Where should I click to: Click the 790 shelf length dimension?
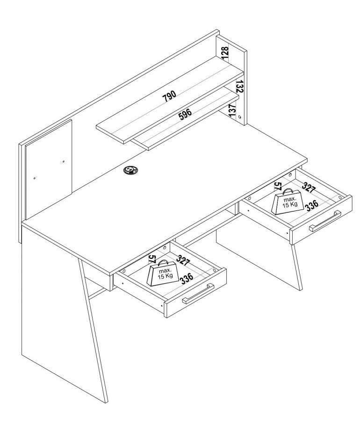pyautogui.click(x=169, y=96)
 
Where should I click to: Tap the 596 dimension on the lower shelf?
pyautogui.click(x=185, y=114)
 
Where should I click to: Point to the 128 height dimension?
pyautogui.click(x=225, y=52)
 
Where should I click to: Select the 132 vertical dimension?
pyautogui.click(x=240, y=87)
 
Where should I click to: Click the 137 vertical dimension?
pyautogui.click(x=232, y=110)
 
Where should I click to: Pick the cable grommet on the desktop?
pyautogui.click(x=130, y=170)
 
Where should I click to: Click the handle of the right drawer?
pyautogui.click(x=325, y=221)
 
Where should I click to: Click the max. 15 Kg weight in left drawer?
pyautogui.click(x=163, y=273)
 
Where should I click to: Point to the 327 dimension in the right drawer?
pyautogui.click(x=309, y=187)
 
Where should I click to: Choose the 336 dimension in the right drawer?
pyautogui.click(x=312, y=205)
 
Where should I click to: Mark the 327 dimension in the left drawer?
pyautogui.click(x=183, y=260)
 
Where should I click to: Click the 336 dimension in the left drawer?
pyautogui.click(x=187, y=278)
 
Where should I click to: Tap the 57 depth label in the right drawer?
pyautogui.click(x=278, y=186)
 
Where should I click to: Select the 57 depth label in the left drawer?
pyautogui.click(x=152, y=259)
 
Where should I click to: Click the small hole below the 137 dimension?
pyautogui.click(x=239, y=117)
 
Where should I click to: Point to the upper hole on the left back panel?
pyautogui.click(x=63, y=162)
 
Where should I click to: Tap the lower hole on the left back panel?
pyautogui.click(x=35, y=178)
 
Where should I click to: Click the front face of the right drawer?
pyautogui.click(x=321, y=220)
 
